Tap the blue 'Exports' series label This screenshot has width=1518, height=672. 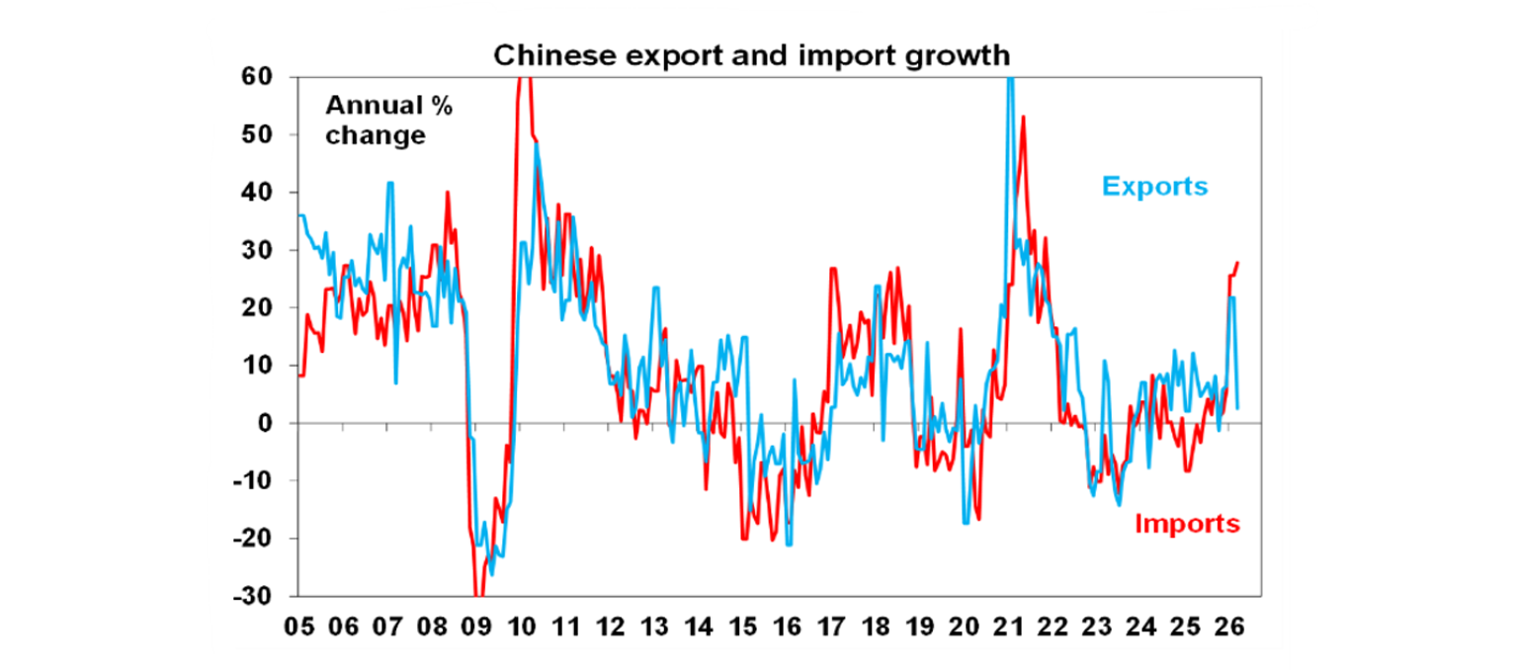(1154, 186)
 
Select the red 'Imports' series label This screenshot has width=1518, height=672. (1187, 523)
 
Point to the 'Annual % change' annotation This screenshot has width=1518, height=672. (388, 121)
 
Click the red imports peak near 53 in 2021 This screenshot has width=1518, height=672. (1023, 117)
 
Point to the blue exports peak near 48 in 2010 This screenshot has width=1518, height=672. (537, 144)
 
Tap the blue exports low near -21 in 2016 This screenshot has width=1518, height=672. (789, 545)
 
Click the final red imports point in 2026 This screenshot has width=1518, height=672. (1238, 262)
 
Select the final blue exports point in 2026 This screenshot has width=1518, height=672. (1238, 407)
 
